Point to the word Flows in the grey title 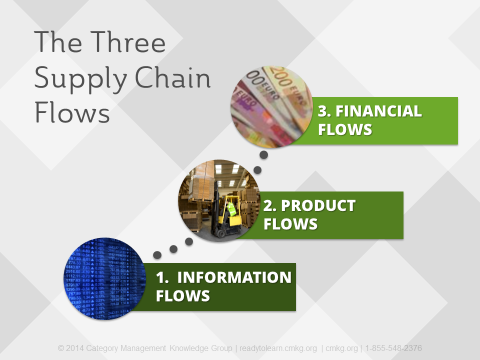pos(71,113)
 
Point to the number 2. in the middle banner pos(270,206)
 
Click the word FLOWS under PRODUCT pos(291,224)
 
